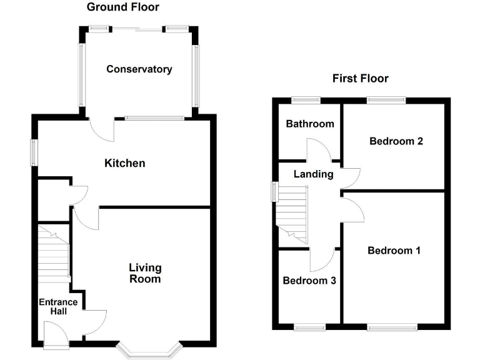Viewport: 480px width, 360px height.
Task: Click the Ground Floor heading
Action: (x=122, y=7)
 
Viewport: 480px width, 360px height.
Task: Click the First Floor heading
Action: (x=360, y=78)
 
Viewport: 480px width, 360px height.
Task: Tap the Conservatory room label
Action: (x=139, y=69)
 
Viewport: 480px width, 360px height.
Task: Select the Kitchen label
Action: (x=124, y=163)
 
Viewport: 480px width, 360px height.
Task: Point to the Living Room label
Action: (x=145, y=273)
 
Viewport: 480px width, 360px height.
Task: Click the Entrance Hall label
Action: (x=58, y=307)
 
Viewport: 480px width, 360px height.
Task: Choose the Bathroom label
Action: (x=309, y=124)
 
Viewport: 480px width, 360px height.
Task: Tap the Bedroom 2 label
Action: (x=396, y=141)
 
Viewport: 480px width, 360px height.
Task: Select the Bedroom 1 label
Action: (x=394, y=251)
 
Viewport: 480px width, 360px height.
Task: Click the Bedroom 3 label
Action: (x=309, y=281)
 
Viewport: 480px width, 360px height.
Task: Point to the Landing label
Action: (x=313, y=174)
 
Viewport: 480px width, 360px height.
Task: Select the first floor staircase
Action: (x=292, y=216)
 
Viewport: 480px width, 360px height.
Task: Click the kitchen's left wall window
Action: (x=35, y=152)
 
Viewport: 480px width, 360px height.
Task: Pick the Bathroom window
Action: (x=306, y=99)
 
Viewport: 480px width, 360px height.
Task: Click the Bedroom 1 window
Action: (x=392, y=326)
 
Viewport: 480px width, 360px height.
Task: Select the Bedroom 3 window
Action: (x=309, y=326)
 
